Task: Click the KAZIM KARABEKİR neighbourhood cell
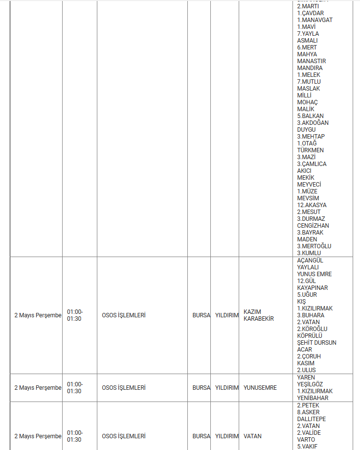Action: (258, 315)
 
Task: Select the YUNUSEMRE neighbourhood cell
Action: (260, 388)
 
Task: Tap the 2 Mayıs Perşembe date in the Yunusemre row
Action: (38, 388)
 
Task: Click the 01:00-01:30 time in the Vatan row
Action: (75, 436)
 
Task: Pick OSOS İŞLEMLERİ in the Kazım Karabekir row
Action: (124, 315)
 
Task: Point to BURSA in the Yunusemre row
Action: (201, 388)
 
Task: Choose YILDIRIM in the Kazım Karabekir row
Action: (226, 315)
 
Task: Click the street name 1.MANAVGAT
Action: (315, 20)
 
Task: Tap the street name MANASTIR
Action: (310, 61)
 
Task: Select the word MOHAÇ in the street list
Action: (307, 102)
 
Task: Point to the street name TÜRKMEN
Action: (310, 150)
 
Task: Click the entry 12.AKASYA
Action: (312, 205)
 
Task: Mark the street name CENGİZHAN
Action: (313, 226)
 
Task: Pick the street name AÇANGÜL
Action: (310, 261)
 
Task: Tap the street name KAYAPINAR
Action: (312, 288)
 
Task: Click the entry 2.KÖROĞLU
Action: (312, 329)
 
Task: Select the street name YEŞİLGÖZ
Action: (310, 384)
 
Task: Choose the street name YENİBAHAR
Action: (313, 398)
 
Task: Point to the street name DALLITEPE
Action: (311, 419)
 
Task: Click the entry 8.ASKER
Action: (308, 412)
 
